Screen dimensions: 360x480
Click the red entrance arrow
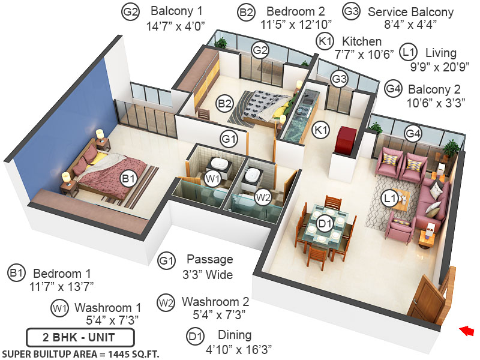pos(466,330)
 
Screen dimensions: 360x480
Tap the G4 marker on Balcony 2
pos(412,133)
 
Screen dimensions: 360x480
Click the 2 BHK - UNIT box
pos(80,335)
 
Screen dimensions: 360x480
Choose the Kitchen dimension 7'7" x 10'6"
pos(364,53)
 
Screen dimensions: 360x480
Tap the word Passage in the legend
pos(209,260)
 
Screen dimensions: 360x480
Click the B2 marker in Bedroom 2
pos(225,103)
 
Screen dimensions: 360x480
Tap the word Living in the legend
pos(440,53)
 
